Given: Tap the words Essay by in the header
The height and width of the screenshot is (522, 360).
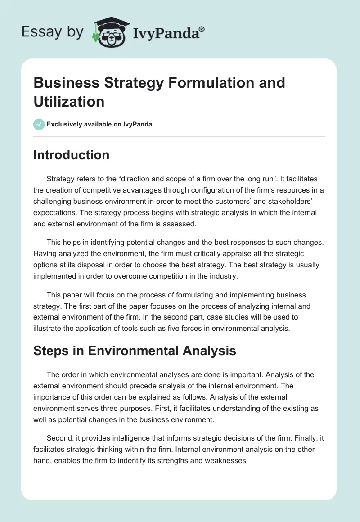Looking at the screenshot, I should (53, 32).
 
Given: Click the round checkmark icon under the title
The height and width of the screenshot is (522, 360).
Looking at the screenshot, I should (39, 124).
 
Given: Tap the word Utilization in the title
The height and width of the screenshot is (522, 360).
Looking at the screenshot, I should (69, 101).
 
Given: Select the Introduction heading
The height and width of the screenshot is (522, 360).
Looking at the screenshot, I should (72, 155).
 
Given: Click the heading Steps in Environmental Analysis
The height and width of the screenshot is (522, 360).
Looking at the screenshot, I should (135, 351).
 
